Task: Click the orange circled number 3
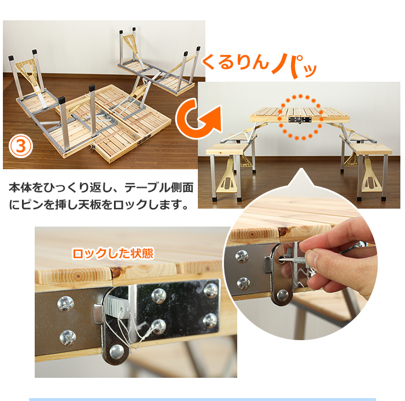coord(21,146)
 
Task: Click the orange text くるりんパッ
coord(259,65)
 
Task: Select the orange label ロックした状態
coord(113,254)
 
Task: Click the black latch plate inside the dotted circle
coord(300,120)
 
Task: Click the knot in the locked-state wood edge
coord(116,271)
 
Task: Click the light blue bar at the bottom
coord(203,399)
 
